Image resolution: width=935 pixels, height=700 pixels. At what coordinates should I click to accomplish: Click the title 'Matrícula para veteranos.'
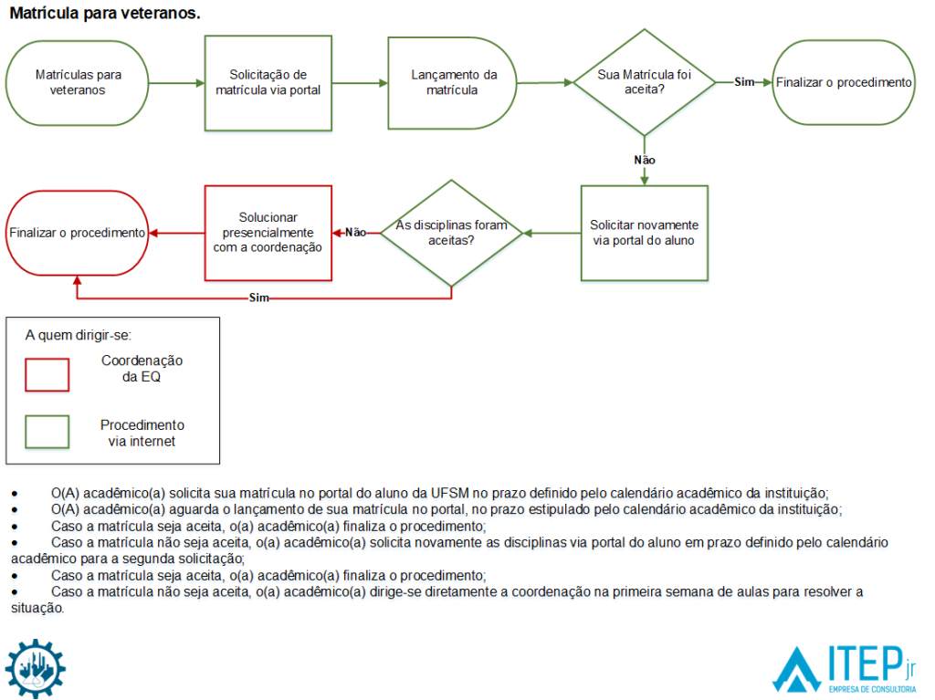(105, 15)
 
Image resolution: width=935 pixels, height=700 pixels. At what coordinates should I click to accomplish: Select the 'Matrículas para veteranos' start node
(78, 83)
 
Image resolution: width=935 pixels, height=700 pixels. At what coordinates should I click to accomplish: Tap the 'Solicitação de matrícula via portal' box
(268, 83)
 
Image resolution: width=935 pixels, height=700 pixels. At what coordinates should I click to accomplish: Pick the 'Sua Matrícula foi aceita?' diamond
(644, 83)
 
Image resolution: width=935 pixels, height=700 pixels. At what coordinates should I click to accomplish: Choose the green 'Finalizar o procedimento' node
(843, 82)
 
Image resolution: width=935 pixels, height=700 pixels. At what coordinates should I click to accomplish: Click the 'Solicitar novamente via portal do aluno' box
(644, 233)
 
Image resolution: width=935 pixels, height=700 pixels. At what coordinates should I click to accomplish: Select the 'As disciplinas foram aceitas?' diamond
(451, 233)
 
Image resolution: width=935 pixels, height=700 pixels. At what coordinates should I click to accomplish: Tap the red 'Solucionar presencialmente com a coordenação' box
(268, 233)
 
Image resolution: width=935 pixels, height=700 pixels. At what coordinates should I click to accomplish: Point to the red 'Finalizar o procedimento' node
(78, 233)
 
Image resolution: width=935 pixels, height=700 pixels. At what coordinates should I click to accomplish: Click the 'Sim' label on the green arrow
(744, 82)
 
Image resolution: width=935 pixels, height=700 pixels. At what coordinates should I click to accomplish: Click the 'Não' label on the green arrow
(644, 160)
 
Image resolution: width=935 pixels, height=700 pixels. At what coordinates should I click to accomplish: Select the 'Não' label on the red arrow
(355, 233)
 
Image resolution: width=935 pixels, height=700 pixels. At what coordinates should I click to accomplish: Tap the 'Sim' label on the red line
(258, 298)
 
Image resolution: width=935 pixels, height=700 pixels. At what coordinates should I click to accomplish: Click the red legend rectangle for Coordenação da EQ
(47, 374)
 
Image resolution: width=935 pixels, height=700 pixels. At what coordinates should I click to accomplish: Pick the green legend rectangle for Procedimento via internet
(47, 432)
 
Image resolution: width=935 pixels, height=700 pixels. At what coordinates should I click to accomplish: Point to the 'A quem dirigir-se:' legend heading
(79, 335)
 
